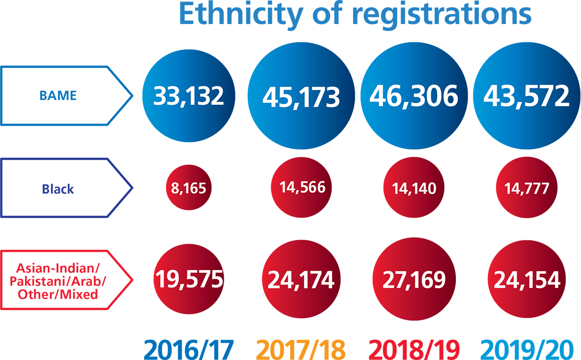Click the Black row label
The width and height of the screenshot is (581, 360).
click(x=58, y=188)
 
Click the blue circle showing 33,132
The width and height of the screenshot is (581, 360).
click(x=189, y=95)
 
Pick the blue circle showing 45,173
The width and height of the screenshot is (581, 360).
click(x=301, y=95)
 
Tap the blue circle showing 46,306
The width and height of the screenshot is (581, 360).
click(x=415, y=95)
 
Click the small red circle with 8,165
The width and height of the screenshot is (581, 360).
click(x=189, y=188)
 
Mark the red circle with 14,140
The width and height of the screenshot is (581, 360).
click(x=415, y=188)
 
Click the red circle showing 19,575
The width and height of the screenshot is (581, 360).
click(x=189, y=279)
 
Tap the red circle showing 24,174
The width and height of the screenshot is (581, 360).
click(x=301, y=279)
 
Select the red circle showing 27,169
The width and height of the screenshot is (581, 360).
click(x=415, y=279)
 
